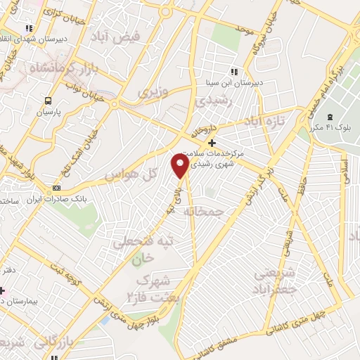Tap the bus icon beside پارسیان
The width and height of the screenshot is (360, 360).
[49, 101]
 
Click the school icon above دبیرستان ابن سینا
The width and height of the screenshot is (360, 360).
[234, 72]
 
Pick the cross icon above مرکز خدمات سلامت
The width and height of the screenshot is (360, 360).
[212, 142]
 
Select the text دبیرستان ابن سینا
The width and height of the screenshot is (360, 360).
[235, 83]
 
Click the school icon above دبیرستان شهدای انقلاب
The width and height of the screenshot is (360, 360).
[29, 28]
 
